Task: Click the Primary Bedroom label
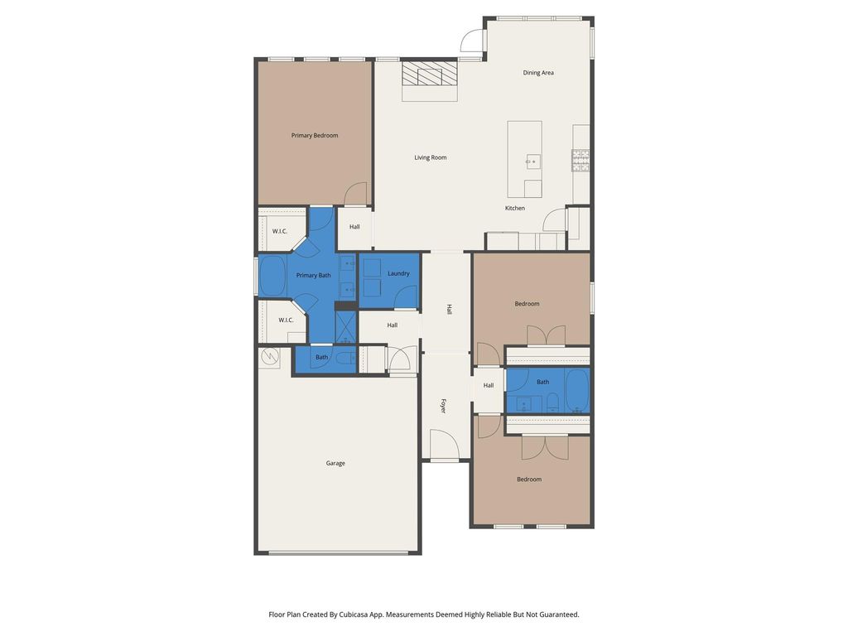(314, 135)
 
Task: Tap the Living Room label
(431, 157)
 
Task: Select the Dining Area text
(538, 73)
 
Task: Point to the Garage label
(335, 463)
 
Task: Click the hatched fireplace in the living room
(430, 73)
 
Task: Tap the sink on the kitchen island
(533, 161)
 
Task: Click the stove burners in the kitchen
(581, 161)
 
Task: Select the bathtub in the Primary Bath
(272, 275)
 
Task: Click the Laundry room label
(398, 273)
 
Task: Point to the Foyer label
(444, 406)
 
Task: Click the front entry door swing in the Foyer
(445, 444)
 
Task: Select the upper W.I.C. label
(280, 232)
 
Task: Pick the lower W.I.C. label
(286, 320)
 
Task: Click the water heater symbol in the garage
(269, 356)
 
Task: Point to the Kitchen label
(515, 208)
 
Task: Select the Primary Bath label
(314, 275)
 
